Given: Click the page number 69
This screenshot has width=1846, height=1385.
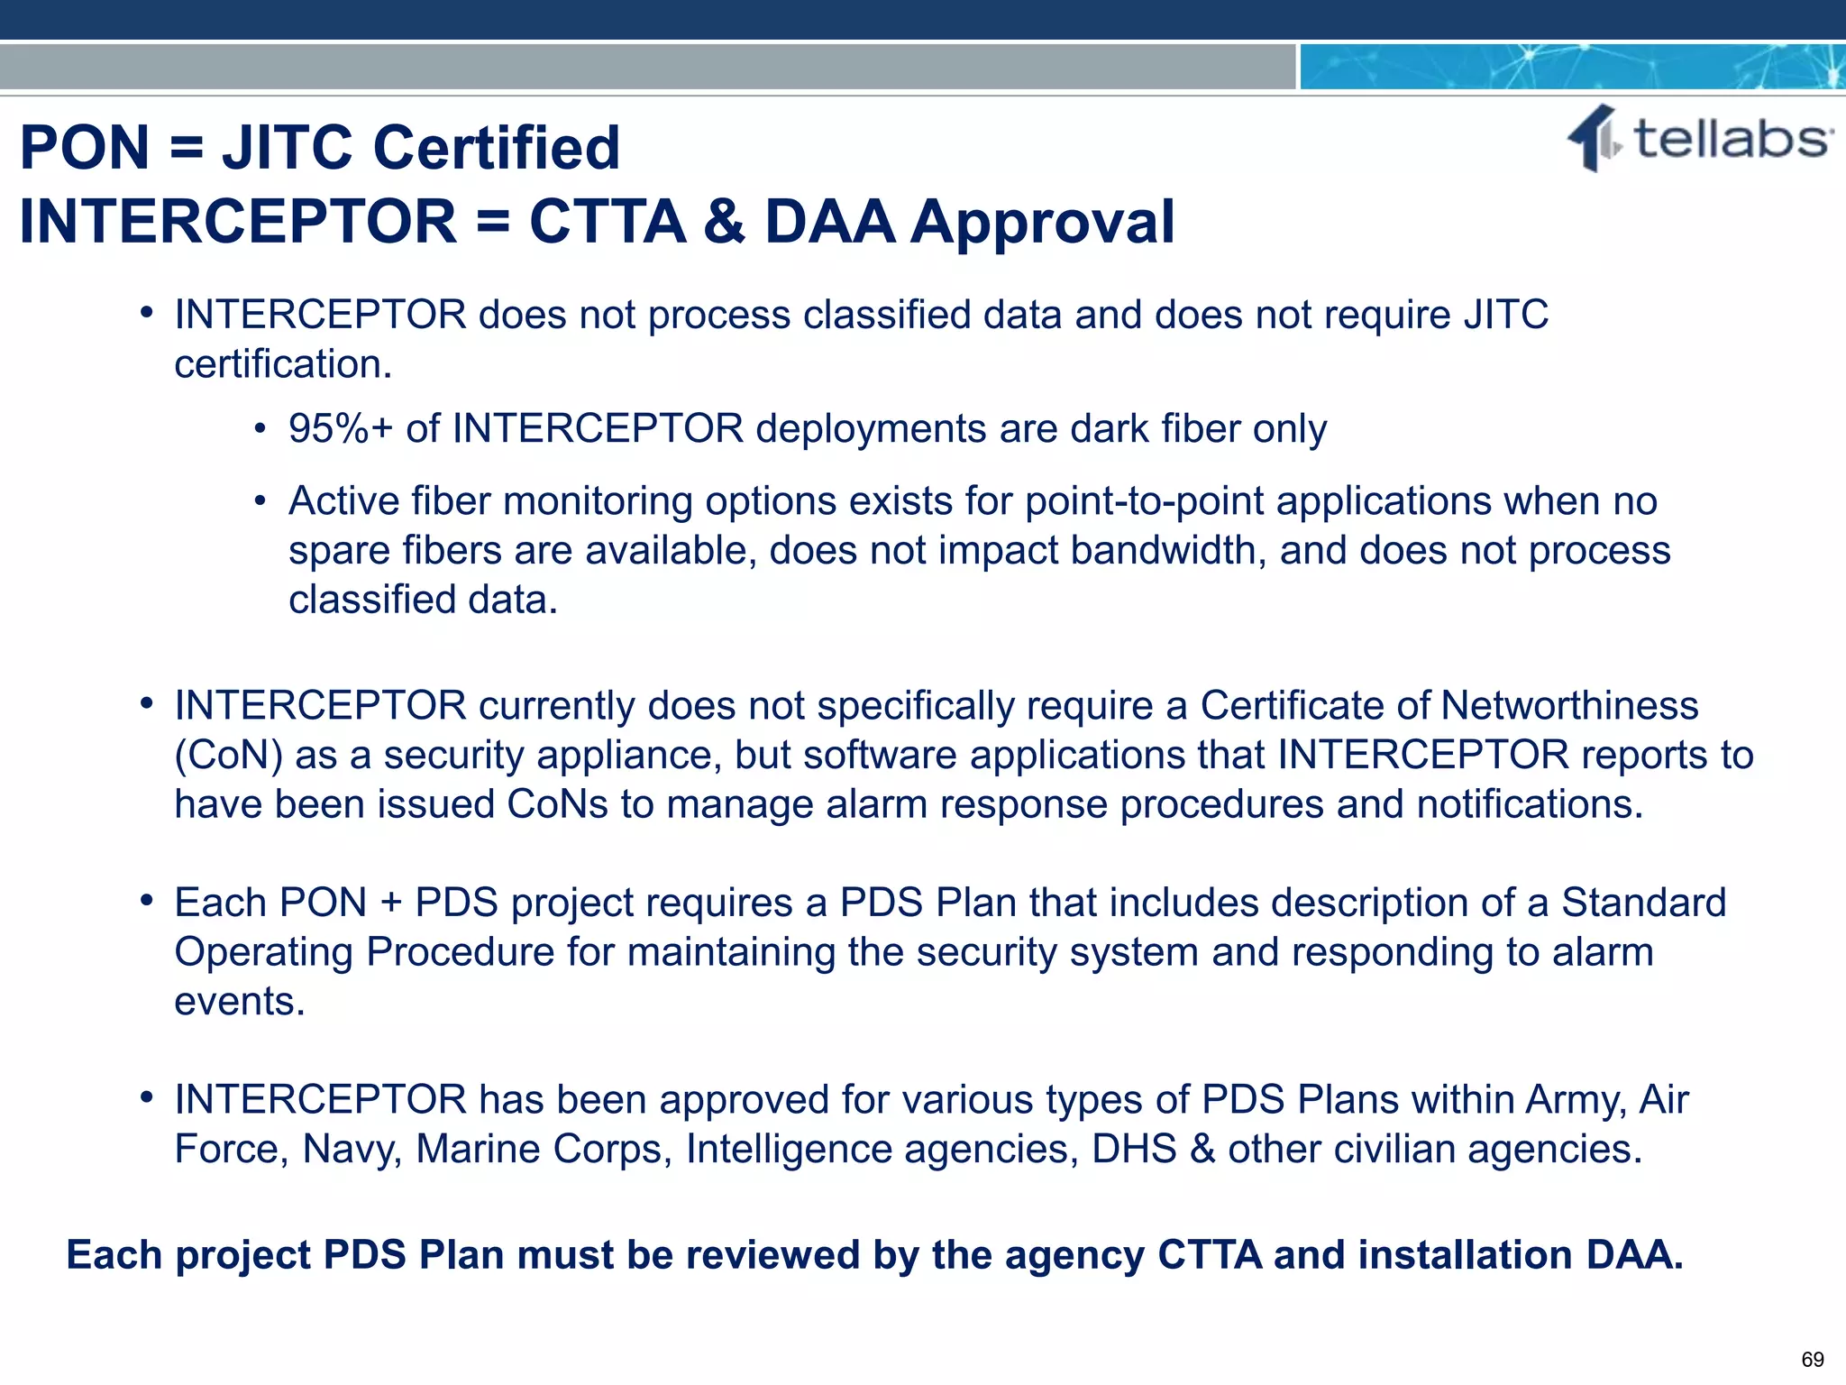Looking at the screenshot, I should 1812,1359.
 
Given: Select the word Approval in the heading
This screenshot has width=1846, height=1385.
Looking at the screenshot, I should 1042,222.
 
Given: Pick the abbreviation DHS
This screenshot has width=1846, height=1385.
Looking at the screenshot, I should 1134,1149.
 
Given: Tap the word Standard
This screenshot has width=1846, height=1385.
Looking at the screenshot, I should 1643,903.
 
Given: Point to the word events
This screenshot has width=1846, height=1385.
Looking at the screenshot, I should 239,1001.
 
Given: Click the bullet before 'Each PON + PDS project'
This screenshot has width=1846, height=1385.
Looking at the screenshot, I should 146,901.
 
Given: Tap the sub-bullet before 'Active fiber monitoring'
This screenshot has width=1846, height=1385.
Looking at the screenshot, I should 260,500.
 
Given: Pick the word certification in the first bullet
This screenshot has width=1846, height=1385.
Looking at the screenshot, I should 283,364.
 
